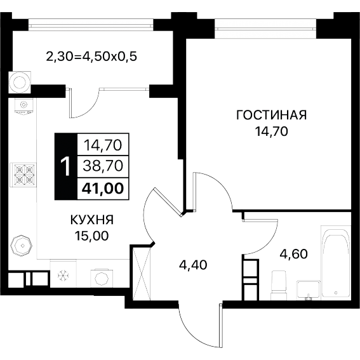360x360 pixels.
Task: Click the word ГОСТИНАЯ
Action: click(x=271, y=115)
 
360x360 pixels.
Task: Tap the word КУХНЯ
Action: click(x=92, y=220)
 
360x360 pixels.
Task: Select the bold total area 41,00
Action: click(x=103, y=189)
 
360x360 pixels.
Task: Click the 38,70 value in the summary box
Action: click(x=103, y=166)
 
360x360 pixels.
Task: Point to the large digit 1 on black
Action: click(x=66, y=166)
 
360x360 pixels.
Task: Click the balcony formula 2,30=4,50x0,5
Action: click(x=91, y=57)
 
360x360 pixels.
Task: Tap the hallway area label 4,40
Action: click(x=193, y=265)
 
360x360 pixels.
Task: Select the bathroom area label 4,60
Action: click(x=293, y=254)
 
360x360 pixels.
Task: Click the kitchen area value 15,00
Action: click(x=92, y=236)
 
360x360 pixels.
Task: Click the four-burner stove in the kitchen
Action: click(x=23, y=174)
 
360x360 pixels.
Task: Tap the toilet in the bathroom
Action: click(x=279, y=285)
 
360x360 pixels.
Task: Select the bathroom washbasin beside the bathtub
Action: click(x=308, y=290)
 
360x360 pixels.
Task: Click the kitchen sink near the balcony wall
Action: click(x=24, y=106)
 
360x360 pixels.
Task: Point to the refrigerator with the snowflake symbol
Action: click(x=63, y=274)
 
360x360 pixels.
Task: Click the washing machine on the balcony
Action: click(x=20, y=82)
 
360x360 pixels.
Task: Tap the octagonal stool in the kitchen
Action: click(x=22, y=246)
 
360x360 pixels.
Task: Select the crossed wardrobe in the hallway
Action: click(x=142, y=274)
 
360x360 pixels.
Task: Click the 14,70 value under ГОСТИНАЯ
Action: click(x=271, y=131)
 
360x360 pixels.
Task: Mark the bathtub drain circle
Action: click(x=336, y=293)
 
